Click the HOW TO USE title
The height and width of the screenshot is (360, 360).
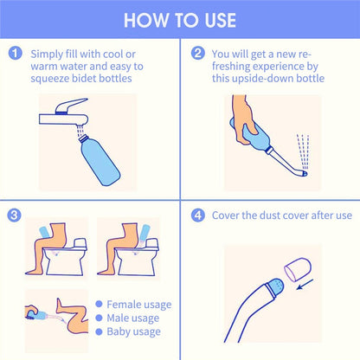180,19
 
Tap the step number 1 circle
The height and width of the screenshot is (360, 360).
16,53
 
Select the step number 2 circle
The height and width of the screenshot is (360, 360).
198,53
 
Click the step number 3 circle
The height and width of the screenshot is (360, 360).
16,214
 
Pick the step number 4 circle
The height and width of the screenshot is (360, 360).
198,214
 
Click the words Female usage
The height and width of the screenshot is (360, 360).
139,305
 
